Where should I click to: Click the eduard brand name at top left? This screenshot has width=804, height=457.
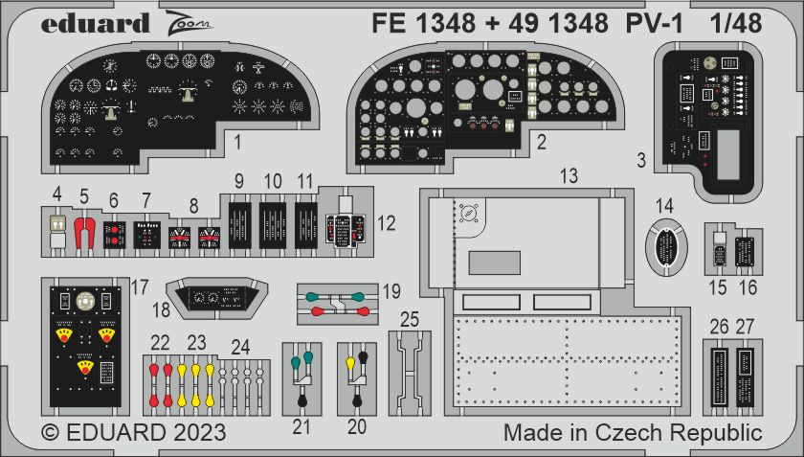tap(96, 24)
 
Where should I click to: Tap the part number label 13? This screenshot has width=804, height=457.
tap(569, 175)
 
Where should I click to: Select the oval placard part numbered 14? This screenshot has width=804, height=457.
tap(665, 247)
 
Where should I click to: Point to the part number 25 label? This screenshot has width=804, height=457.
tap(410, 320)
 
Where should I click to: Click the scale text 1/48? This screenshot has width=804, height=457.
tap(736, 24)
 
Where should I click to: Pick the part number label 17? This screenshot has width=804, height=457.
tap(140, 287)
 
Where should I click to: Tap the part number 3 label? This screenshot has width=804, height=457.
tap(641, 161)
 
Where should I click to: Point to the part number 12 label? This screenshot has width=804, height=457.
tap(386, 223)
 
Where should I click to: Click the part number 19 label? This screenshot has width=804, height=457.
tap(391, 291)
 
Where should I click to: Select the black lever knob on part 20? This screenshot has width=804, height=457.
tap(364, 356)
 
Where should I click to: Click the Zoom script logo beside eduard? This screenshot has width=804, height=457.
tap(189, 24)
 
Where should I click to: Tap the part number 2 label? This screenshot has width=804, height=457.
tap(542, 142)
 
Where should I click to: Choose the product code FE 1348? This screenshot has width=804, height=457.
tap(423, 24)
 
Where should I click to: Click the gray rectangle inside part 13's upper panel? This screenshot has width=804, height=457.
tap(494, 263)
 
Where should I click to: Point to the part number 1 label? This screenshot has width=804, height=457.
tap(237, 142)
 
